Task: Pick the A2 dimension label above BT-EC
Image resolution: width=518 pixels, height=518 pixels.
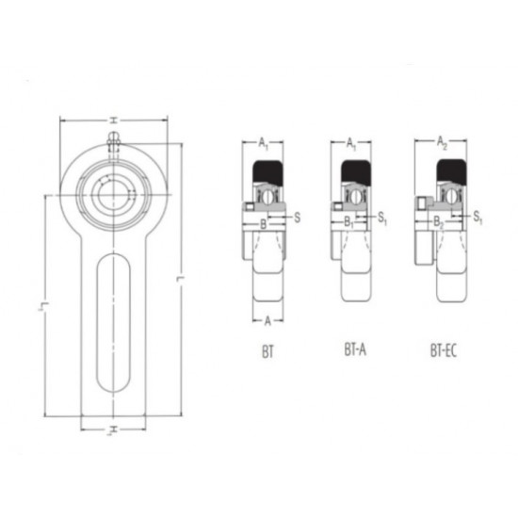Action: point(443,141)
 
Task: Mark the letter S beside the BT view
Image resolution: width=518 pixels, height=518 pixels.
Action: point(298,217)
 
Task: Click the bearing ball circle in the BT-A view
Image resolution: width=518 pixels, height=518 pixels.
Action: point(355,196)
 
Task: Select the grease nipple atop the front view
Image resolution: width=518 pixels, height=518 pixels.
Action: point(114,140)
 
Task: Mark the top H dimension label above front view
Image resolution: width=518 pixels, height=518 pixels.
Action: point(112,120)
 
